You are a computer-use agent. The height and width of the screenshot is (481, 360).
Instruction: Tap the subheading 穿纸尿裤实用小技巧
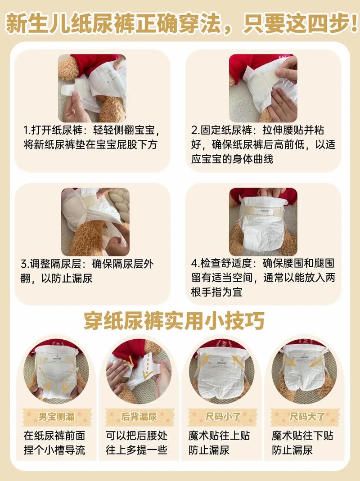click(174, 321)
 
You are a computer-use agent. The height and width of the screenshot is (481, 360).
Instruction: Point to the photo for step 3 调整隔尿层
click(95, 222)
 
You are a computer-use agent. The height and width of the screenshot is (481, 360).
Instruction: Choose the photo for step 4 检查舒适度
click(263, 222)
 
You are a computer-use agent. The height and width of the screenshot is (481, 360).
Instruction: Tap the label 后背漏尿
click(139, 417)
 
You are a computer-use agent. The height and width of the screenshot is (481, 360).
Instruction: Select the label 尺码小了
click(221, 417)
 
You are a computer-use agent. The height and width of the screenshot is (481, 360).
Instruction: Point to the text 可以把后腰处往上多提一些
click(137, 443)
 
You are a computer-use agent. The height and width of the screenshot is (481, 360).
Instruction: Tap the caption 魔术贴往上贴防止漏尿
click(219, 443)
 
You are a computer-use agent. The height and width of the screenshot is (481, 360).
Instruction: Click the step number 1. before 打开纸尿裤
click(27, 131)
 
